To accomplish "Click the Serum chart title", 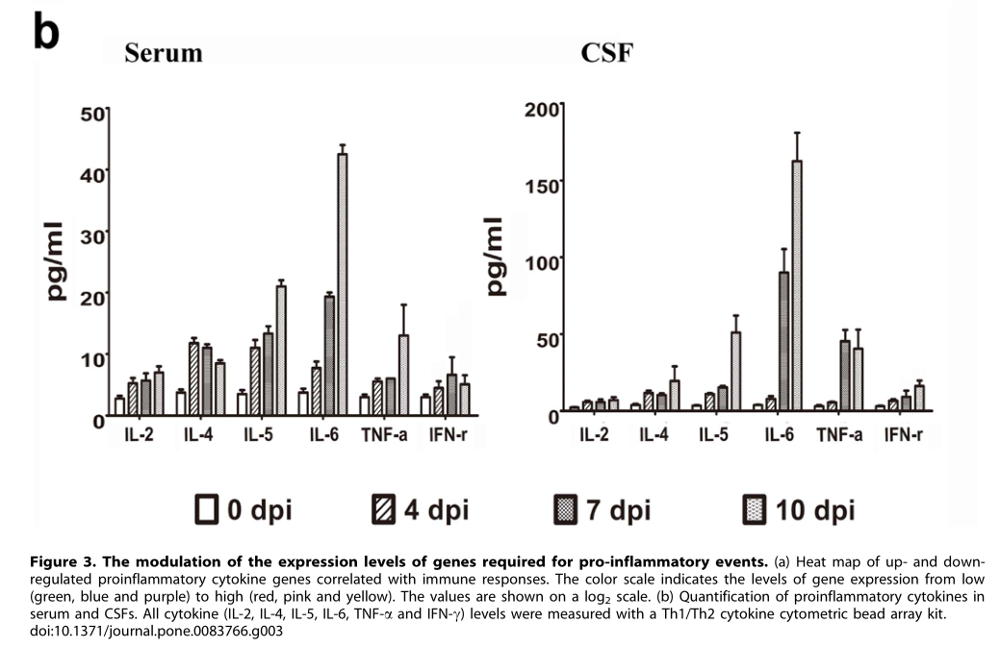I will [x=163, y=52].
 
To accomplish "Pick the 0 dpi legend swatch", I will [x=205, y=507].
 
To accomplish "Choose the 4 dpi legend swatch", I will [x=382, y=507].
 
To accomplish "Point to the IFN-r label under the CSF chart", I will [x=901, y=435].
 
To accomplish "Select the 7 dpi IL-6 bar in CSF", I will [x=784, y=342].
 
